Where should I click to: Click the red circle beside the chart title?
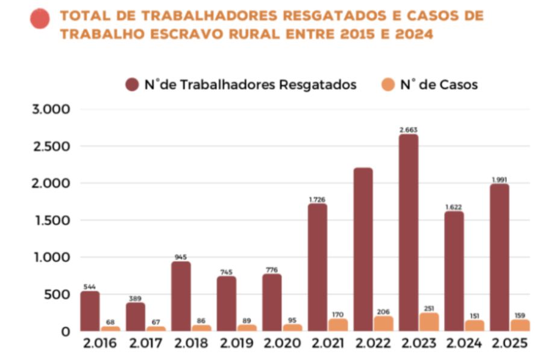click(40, 19)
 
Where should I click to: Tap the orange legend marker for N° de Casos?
click(389, 84)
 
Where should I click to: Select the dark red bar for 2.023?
click(409, 233)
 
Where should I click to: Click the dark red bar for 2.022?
click(363, 250)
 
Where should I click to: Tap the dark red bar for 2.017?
click(136, 317)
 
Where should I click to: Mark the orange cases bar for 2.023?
click(428, 322)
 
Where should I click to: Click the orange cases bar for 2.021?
click(338, 325)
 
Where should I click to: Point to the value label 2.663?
click(409, 130)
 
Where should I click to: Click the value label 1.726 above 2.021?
click(318, 199)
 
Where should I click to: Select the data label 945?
click(181, 257)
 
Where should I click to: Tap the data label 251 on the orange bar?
click(429, 308)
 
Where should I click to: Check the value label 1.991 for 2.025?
click(500, 180)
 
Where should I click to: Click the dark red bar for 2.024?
click(454, 271)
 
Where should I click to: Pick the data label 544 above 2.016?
click(90, 286)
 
